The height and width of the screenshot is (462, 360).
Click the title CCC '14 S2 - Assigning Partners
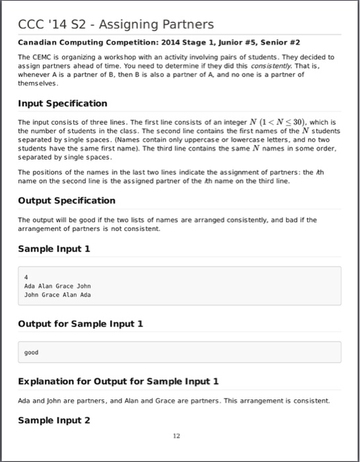click(116, 24)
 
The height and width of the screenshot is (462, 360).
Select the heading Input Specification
click(62, 104)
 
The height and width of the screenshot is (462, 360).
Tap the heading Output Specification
click(66, 200)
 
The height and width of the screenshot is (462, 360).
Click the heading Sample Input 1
click(54, 249)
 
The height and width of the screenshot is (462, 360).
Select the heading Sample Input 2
click(54, 420)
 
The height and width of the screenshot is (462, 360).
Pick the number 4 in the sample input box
click(25, 277)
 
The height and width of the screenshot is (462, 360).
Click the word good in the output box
click(30, 352)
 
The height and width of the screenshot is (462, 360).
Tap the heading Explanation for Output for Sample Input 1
click(118, 381)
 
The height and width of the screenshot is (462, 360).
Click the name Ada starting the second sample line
click(29, 286)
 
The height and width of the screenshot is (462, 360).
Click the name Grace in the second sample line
click(65, 286)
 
